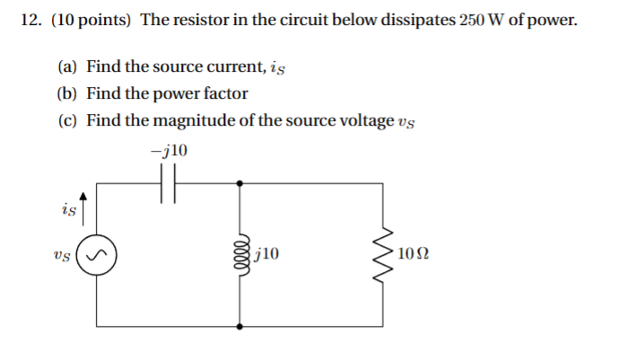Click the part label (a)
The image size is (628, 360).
[68, 66]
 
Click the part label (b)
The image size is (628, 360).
[68, 93]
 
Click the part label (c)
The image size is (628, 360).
[68, 120]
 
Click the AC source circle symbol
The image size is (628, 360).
[95, 254]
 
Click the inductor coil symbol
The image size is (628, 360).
[240, 254]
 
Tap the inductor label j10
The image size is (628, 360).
[267, 254]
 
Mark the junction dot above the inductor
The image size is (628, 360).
[240, 183]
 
